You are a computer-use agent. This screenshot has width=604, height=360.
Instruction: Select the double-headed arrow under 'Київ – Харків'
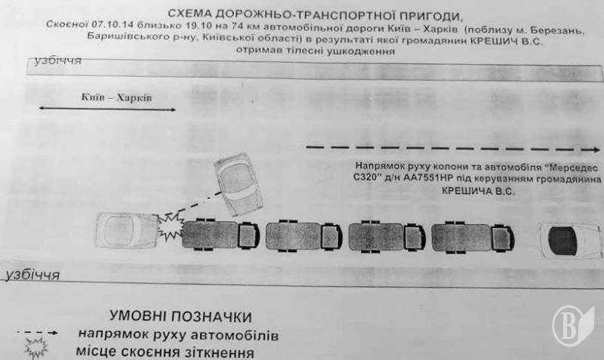click(x=106, y=110)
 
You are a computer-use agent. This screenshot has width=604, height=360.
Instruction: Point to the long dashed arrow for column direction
click(x=453, y=146)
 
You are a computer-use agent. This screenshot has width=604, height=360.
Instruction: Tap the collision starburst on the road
click(x=171, y=225)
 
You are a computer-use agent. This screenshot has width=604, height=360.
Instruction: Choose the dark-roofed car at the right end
click(x=568, y=241)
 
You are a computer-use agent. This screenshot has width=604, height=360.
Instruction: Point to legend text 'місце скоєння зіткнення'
click(x=165, y=352)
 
